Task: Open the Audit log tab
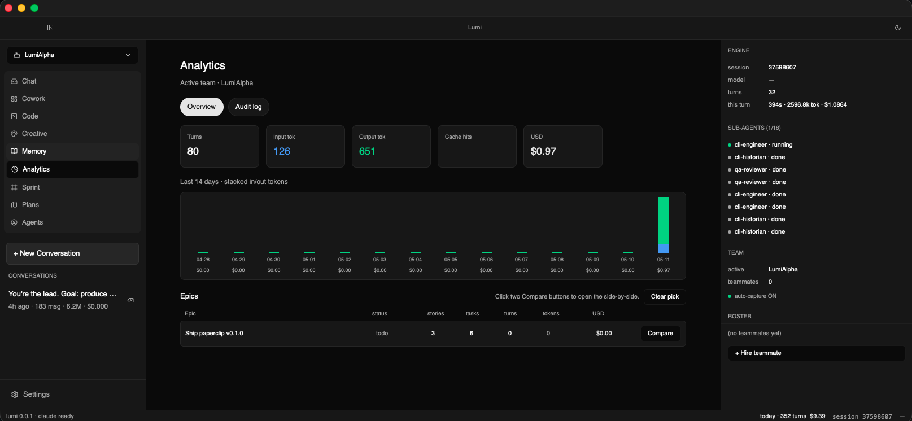248,107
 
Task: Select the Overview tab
202,107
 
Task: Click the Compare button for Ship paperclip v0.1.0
660,333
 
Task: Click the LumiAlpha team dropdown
72,55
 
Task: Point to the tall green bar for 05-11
663,221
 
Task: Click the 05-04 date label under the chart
415,260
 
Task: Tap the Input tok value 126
282,151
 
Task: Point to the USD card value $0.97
543,151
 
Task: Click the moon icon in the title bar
898,28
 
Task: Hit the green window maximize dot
34,8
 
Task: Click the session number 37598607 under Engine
782,68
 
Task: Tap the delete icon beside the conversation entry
130,300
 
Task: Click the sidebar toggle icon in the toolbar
50,28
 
